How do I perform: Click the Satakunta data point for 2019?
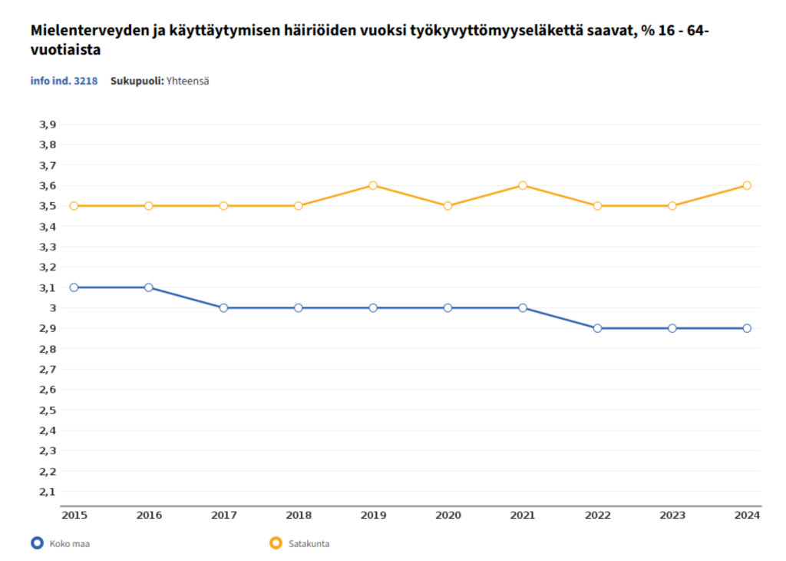click(373, 185)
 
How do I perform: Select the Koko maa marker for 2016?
click(148, 287)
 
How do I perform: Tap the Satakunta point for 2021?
click(523, 185)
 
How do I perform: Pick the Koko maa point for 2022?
click(597, 328)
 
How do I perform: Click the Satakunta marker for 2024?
click(747, 185)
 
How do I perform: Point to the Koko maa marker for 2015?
click(74, 287)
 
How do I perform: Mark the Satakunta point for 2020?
click(447, 206)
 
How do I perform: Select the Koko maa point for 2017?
click(223, 307)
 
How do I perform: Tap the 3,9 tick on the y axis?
click(48, 124)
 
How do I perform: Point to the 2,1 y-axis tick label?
click(48, 492)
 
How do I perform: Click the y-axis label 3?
click(53, 308)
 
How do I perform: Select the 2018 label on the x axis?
click(299, 515)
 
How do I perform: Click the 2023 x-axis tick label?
click(672, 515)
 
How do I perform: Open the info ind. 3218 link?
click(64, 81)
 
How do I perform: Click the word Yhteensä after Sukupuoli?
click(187, 81)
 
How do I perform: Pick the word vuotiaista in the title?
click(65, 50)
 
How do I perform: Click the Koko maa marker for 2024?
click(747, 328)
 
